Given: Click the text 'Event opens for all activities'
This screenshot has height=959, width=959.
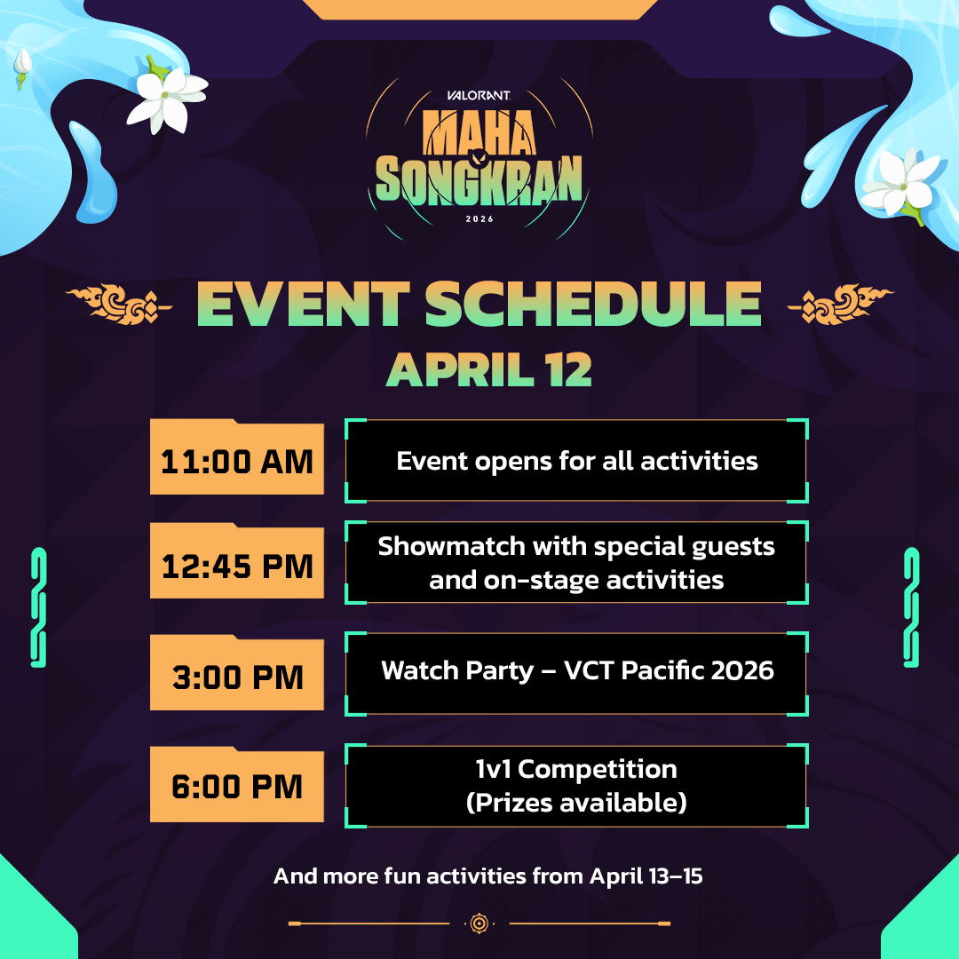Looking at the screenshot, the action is tap(577, 462).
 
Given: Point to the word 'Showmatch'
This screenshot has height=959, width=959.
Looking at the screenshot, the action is tap(451, 546).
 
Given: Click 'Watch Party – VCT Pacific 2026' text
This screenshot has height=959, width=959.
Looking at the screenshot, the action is tap(577, 670).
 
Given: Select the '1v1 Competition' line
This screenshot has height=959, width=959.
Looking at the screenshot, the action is tap(577, 769).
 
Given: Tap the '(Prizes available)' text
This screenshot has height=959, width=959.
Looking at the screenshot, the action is tap(577, 803).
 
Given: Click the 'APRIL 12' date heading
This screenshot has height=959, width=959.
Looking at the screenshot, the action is tap(489, 370).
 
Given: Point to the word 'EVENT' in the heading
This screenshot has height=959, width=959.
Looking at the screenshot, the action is tap(303, 304).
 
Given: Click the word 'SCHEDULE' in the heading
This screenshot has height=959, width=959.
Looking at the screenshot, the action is tap(593, 304).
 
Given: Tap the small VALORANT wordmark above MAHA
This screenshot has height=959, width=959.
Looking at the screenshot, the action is tap(479, 95).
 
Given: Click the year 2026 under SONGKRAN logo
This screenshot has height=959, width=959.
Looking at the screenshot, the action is tap(479, 219).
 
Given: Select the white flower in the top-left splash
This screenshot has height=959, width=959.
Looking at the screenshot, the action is tap(166, 98).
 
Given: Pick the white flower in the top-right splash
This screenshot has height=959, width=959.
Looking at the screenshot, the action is tap(901, 183).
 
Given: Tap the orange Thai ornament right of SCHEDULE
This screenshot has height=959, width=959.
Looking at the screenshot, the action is tap(840, 304).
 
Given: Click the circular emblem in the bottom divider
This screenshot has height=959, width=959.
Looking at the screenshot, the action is tap(479, 923).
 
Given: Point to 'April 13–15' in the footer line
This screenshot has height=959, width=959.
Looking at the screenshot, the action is tap(646, 876).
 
